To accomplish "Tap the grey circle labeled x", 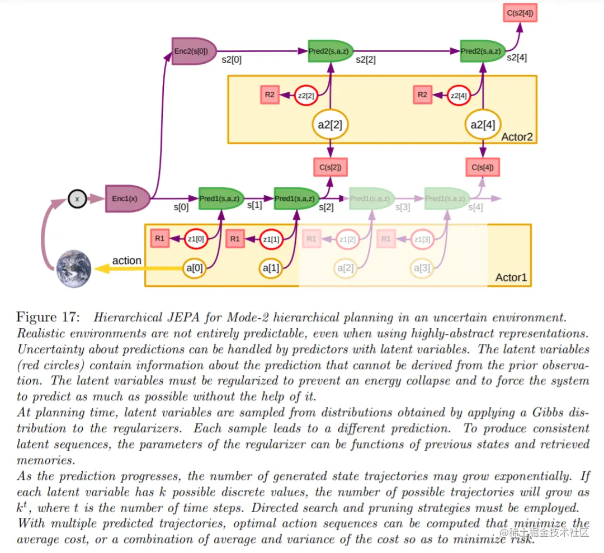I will [77, 198].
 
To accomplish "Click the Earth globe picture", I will [73, 268].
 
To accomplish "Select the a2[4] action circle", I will [483, 124].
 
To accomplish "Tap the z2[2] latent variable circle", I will [306, 96].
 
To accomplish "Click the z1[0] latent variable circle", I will [196, 239].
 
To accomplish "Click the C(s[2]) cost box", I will [331, 167].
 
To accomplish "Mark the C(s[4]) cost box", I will [482, 167].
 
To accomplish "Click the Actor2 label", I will [517, 137].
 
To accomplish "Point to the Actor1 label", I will [511, 278].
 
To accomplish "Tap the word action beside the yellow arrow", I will [127, 261].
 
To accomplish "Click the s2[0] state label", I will [232, 59].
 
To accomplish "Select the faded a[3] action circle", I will [421, 268].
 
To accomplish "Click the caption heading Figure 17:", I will [48, 318].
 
